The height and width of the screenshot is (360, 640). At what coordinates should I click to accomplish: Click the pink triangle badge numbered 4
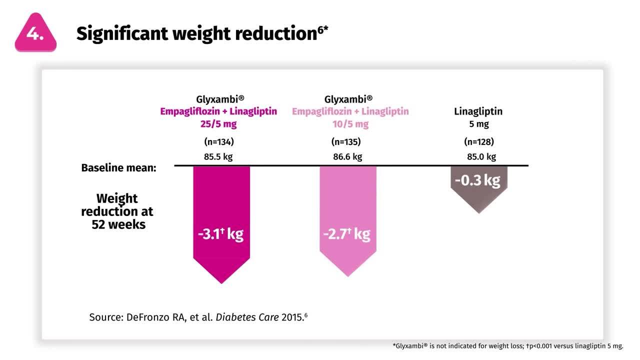point(35,33)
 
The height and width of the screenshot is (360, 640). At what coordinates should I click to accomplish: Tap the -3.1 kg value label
point(220,234)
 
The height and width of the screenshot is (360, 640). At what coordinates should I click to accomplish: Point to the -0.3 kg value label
point(477,180)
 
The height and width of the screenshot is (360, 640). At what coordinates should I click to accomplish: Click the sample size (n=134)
point(218,141)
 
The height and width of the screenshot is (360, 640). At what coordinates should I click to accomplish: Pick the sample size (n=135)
point(346,141)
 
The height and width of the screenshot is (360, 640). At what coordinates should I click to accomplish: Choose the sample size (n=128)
point(479,141)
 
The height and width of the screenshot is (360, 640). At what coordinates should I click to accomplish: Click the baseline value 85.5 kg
point(218,156)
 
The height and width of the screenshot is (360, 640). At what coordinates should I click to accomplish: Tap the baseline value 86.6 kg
point(347,156)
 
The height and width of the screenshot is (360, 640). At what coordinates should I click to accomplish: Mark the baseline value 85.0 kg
point(481,156)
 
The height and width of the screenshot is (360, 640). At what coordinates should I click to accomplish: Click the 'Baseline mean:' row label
point(118,168)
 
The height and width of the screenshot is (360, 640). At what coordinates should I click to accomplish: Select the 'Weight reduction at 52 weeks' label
point(117,211)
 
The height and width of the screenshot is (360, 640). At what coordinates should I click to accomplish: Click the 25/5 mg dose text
point(218,123)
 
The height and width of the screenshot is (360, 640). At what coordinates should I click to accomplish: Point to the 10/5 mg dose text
point(350,123)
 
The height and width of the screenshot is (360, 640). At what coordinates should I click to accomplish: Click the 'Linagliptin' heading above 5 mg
point(478,111)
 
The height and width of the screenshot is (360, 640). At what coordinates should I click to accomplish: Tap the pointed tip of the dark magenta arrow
point(221,282)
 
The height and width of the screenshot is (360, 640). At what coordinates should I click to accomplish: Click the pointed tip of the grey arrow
point(479,212)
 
